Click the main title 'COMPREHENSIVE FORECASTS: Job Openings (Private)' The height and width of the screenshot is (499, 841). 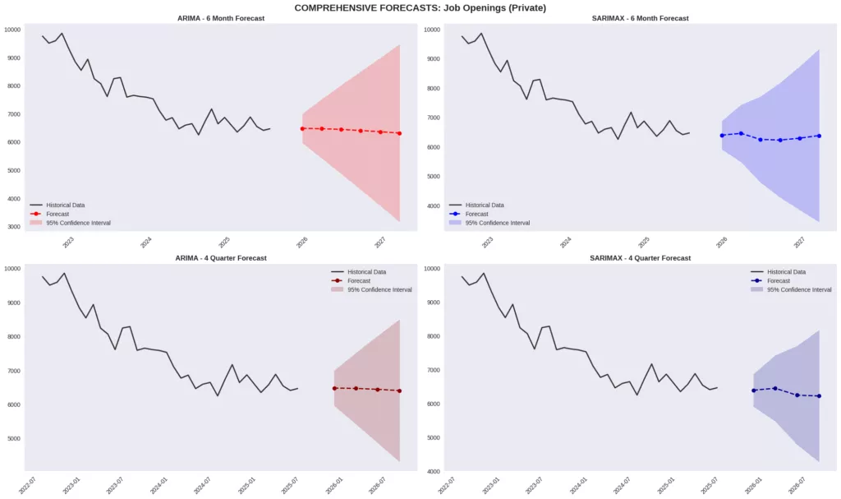420,7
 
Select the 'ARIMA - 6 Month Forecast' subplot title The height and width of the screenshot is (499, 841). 221,18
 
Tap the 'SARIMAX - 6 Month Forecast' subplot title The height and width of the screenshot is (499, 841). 640,18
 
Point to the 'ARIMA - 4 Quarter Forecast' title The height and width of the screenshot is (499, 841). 221,258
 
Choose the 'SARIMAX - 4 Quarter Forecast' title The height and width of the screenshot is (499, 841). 640,258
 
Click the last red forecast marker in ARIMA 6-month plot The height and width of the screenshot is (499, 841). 399,133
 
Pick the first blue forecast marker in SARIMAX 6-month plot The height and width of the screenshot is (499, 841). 722,136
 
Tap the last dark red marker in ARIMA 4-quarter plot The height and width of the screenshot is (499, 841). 399,390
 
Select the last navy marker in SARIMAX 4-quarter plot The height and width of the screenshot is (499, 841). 819,396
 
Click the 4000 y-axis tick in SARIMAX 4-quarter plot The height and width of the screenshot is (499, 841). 432,472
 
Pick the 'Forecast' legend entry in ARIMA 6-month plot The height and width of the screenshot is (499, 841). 57,214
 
